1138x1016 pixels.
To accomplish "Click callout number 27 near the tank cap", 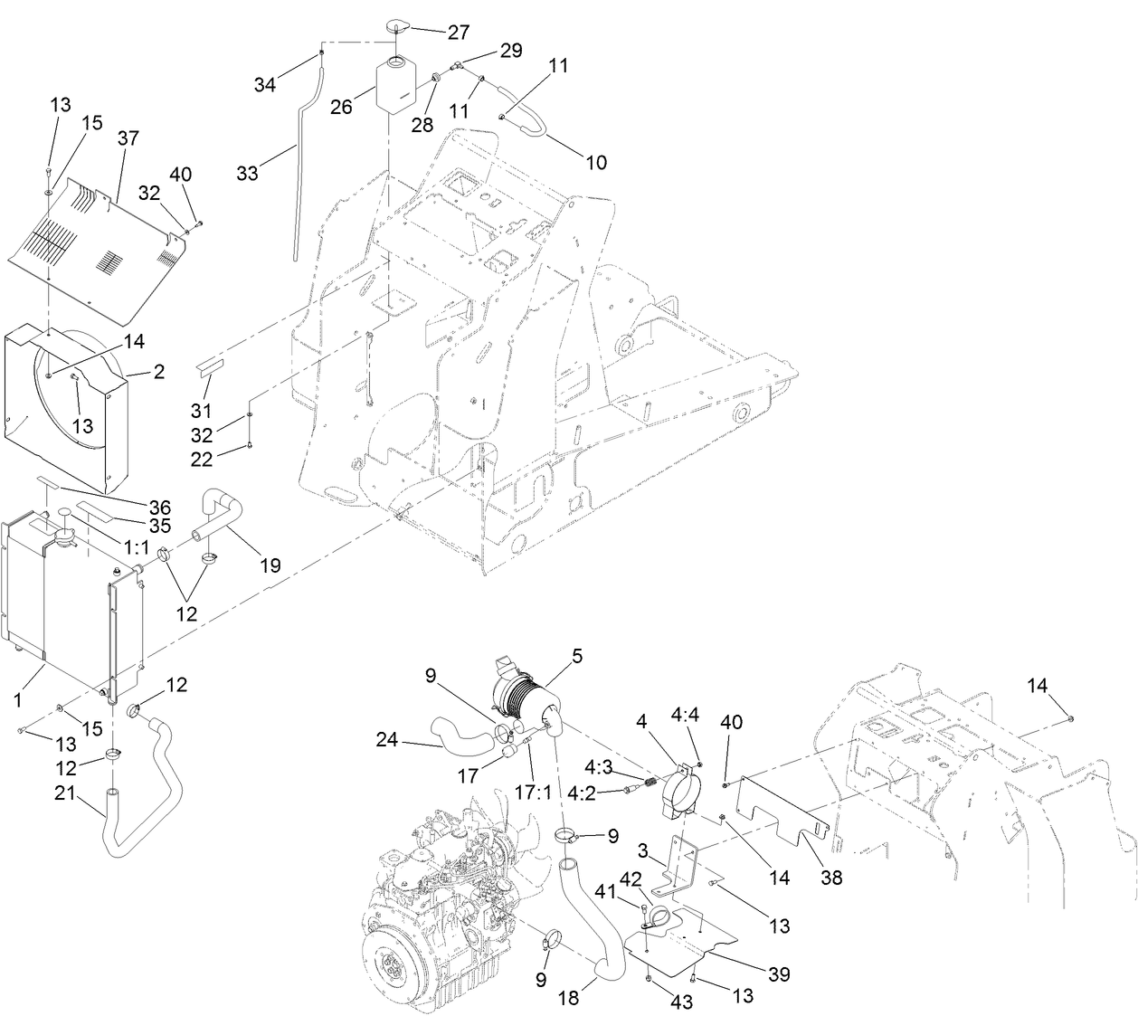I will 459,32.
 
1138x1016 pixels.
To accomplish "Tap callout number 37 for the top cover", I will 128,138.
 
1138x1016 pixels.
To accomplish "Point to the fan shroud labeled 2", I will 68,407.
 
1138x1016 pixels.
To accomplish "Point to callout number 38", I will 831,877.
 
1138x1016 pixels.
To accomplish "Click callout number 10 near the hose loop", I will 596,162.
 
